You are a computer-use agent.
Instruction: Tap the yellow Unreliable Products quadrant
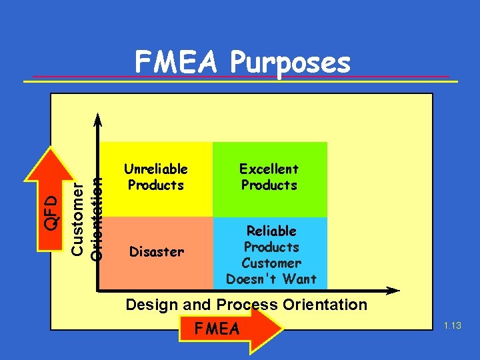click(157, 179)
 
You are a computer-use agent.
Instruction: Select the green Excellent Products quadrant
click(270, 179)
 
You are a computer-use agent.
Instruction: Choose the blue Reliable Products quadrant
click(270, 253)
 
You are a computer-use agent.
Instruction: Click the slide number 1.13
click(451, 325)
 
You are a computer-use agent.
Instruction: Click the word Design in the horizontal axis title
click(151, 305)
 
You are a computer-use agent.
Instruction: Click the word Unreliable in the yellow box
click(156, 169)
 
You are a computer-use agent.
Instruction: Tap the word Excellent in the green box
click(269, 169)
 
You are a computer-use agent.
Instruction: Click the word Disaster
click(156, 252)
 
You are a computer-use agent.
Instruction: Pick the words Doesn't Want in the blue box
click(271, 279)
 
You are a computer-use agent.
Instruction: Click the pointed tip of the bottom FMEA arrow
click(283, 330)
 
